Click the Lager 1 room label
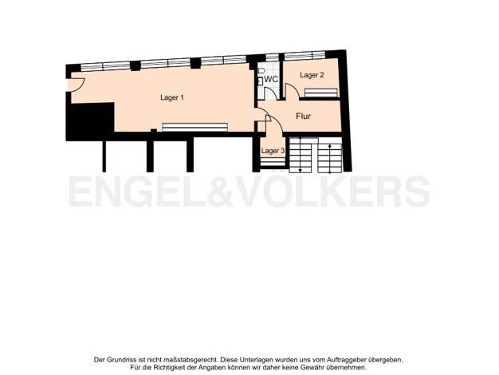[172, 97]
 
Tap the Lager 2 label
[312, 75]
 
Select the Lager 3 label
[273, 151]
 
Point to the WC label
[271, 79]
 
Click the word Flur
[303, 116]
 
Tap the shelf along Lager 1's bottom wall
[194, 127]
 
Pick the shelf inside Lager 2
[321, 93]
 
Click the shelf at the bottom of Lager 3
[273, 162]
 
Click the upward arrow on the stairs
[330, 158]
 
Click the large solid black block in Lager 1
[90, 120]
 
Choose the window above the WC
[272, 57]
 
